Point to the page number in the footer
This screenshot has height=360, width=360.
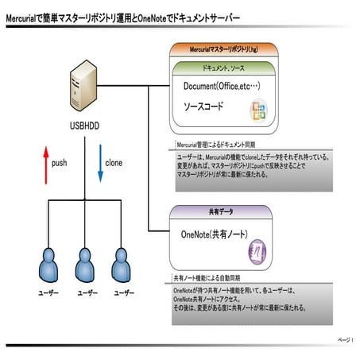click(x=346, y=339)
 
